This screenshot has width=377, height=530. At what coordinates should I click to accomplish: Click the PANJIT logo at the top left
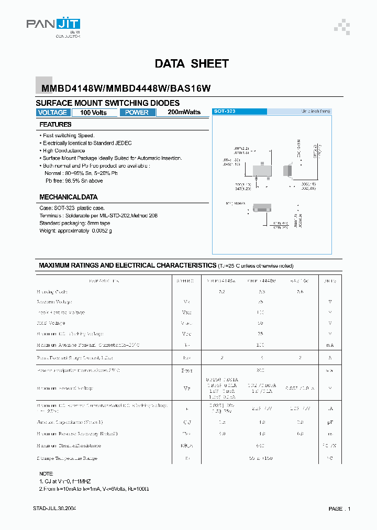coord(53,26)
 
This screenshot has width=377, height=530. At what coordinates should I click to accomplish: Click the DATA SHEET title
coord(192,64)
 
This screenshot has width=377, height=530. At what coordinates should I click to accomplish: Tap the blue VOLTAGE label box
coord(52,113)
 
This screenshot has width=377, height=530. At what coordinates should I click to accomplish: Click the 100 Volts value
coord(93,113)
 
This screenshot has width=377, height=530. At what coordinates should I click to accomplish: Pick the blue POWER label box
coord(137,113)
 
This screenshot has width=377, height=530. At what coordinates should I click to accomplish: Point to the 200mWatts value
coord(184,112)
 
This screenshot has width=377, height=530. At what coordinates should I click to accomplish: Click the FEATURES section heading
coord(56,125)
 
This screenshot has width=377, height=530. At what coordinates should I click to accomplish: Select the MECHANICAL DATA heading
coord(69,197)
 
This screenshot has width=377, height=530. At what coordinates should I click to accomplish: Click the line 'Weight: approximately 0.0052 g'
coord(76,230)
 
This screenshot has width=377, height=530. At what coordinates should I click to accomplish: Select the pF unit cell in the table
coord(330,422)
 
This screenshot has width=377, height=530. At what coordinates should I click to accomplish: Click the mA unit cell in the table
coord(330,345)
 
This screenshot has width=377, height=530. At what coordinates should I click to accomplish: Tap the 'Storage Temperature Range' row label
coord(67,458)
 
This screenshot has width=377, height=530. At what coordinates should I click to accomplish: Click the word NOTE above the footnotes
coord(46,473)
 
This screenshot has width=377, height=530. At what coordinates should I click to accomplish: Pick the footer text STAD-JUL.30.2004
coord(54,509)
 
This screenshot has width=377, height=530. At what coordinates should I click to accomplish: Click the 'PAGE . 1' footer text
coord(340,509)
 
